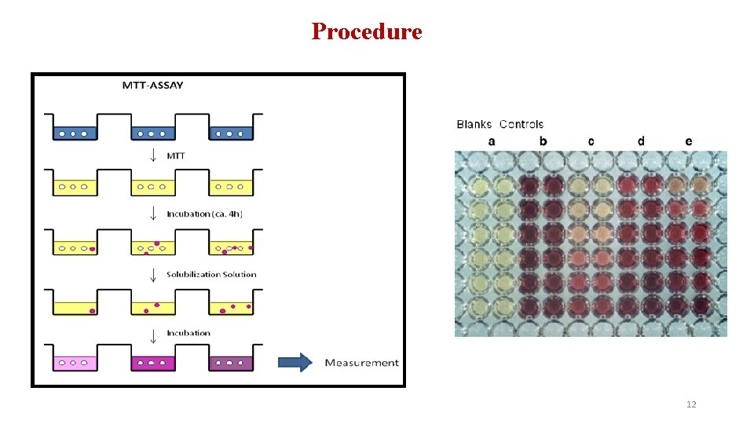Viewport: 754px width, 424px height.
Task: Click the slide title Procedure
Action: coord(367,31)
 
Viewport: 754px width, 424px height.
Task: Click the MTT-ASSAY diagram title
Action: coord(152,85)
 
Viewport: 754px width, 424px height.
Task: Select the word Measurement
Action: coord(361,363)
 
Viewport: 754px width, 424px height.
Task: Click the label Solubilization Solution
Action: coord(211,274)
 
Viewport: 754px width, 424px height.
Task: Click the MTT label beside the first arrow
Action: coord(177,155)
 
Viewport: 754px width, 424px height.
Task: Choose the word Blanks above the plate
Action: coord(474,124)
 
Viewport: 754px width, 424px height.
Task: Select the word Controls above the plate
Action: coord(522,124)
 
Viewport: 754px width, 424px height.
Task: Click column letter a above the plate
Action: coord(492,141)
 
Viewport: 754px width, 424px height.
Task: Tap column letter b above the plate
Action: coord(543,141)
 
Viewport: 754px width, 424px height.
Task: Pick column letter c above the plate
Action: coord(591,141)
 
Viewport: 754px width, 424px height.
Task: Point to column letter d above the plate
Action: coord(641,141)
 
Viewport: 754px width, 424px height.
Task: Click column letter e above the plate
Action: coord(689,141)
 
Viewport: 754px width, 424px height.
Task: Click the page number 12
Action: coord(691,404)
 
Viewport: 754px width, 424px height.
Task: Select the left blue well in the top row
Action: coord(75,133)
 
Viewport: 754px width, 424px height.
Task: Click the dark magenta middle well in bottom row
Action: coord(153,363)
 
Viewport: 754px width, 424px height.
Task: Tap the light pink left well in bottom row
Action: coord(75,363)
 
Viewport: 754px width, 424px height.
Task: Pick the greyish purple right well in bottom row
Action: coord(231,363)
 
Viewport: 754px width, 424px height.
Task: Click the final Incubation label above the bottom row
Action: coord(188,333)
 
